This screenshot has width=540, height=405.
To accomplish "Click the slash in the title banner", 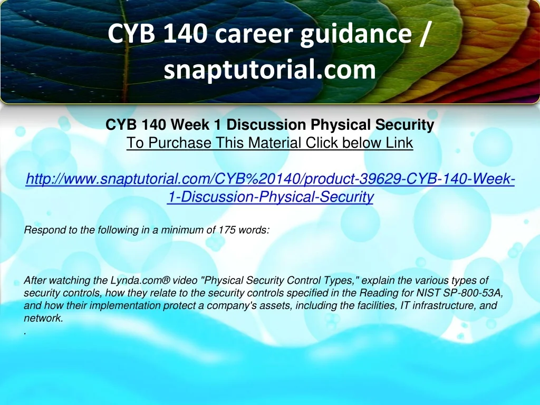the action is coord(425,34).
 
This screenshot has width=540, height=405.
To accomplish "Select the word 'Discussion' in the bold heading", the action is coord(266,125).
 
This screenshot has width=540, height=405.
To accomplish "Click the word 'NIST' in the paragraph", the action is coord(428,293).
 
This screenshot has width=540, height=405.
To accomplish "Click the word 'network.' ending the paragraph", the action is coord(44,318).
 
